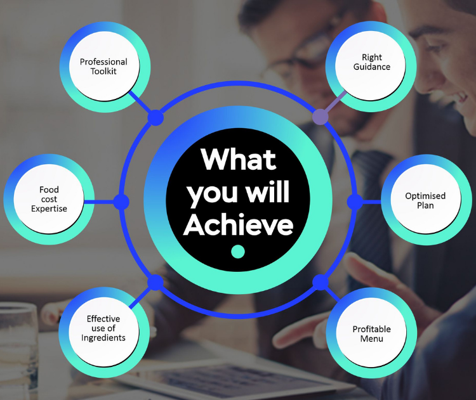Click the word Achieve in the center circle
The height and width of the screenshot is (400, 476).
(x=238, y=224)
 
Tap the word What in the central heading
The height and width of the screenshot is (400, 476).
(x=238, y=160)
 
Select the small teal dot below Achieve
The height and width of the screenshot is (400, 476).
(x=238, y=252)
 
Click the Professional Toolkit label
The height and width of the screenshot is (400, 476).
(x=103, y=67)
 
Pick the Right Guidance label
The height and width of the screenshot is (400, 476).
(x=371, y=62)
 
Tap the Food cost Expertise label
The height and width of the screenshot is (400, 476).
(x=49, y=199)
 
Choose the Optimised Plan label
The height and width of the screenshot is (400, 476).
(x=425, y=200)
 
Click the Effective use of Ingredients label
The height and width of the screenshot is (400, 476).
(x=103, y=328)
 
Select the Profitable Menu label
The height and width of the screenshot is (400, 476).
(x=371, y=333)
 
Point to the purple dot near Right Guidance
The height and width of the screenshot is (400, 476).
(x=321, y=117)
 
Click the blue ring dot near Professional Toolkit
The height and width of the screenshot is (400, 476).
(x=155, y=118)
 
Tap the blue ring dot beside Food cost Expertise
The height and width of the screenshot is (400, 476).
(x=121, y=202)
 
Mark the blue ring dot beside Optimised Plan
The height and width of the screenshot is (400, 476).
(x=355, y=202)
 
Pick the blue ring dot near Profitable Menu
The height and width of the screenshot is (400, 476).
(x=321, y=283)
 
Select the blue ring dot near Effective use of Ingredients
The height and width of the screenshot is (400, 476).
(x=155, y=283)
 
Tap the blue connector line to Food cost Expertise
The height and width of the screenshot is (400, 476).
(x=99, y=202)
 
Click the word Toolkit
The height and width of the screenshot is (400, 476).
(x=103, y=71)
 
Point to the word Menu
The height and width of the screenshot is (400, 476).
(x=371, y=339)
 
